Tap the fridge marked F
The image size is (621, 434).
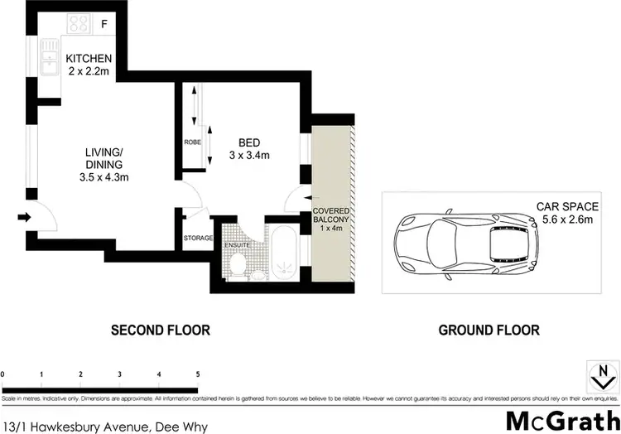[x=103, y=24]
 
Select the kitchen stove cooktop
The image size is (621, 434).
[x=79, y=23]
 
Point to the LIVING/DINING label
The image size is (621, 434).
[x=103, y=164]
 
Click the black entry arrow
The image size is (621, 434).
[x=25, y=219]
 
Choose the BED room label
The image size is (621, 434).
[x=249, y=142]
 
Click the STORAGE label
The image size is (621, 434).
[x=198, y=239]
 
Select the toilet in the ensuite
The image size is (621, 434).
[x=236, y=265]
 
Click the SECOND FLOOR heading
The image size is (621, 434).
[x=161, y=330]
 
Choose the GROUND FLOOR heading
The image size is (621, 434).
[x=489, y=330]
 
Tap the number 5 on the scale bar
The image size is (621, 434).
[x=197, y=375]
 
